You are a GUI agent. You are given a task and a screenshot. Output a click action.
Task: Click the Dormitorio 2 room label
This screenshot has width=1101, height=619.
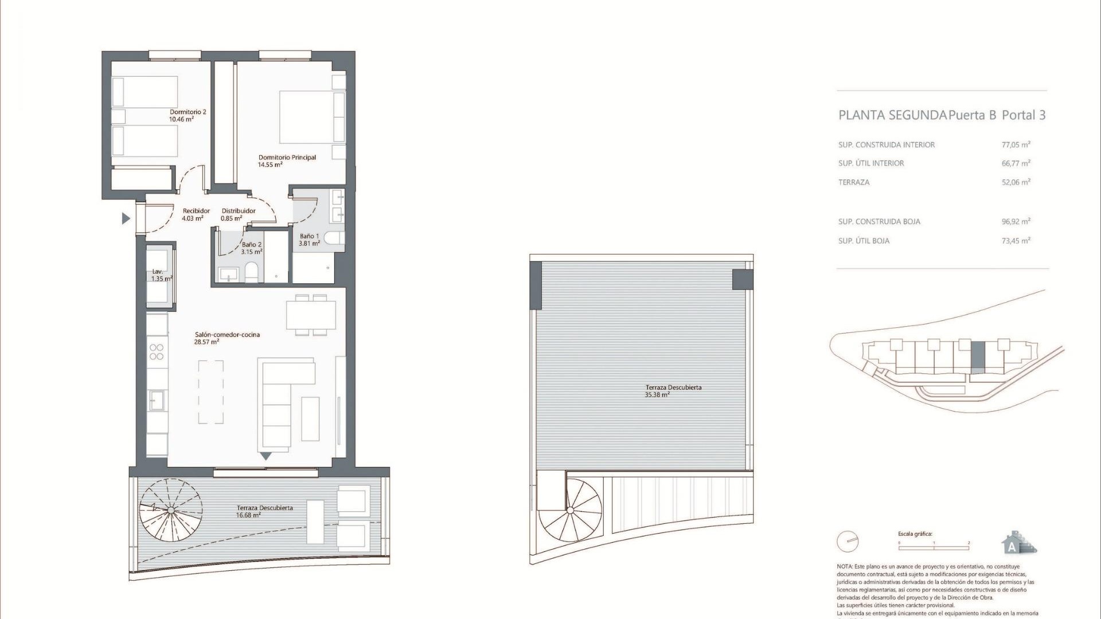click(x=188, y=115)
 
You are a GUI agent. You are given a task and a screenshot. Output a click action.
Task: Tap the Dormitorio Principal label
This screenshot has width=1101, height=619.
click(x=287, y=160)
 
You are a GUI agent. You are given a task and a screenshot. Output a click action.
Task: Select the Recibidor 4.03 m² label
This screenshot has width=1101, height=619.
click(x=196, y=214)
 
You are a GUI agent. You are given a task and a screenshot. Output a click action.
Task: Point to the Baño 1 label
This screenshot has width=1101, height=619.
click(x=309, y=240)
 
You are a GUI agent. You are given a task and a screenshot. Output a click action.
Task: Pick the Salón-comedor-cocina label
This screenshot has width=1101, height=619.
click(x=227, y=338)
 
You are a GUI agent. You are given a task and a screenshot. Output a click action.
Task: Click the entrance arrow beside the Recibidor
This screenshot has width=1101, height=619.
click(x=126, y=218)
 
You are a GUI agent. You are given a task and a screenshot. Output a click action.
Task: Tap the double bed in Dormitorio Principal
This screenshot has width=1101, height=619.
click(x=311, y=117)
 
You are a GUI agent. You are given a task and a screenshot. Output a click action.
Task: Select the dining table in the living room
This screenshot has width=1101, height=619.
click(x=311, y=315)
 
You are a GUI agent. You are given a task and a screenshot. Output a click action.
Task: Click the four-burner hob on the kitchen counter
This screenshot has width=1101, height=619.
click(x=157, y=352)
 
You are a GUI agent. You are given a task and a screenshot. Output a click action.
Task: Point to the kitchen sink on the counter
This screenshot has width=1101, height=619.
click(x=157, y=400)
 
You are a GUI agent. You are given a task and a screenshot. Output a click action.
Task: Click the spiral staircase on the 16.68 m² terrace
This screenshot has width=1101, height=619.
click(x=171, y=510)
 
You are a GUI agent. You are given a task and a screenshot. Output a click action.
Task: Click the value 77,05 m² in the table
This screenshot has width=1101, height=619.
click(x=1016, y=145)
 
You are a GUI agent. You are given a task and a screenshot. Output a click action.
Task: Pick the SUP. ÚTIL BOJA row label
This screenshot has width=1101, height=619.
click(x=864, y=241)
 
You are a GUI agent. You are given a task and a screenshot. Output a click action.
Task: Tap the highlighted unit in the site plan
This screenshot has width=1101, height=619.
click(x=978, y=358)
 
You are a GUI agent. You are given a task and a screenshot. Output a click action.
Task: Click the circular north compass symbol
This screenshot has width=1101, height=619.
click(x=848, y=542)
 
